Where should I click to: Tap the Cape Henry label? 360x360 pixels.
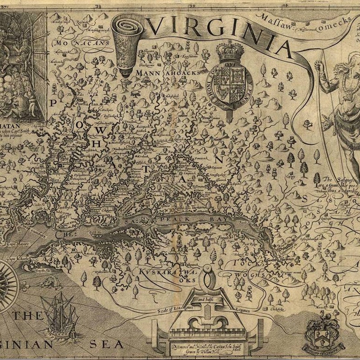pos(18,244)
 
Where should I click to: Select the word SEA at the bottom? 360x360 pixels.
pos(106,345)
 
